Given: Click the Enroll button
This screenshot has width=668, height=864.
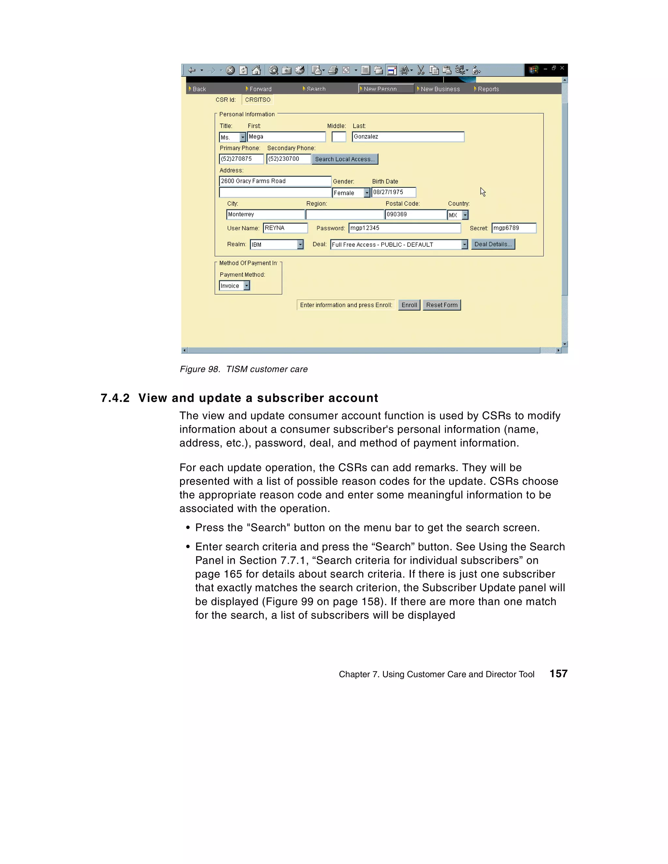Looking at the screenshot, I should (409, 305).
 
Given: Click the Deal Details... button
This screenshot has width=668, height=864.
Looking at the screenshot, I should (493, 244).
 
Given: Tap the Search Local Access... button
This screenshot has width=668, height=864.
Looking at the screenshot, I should (344, 159).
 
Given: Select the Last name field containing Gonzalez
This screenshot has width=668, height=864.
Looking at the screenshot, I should (408, 137).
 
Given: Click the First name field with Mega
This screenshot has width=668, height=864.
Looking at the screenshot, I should (286, 137).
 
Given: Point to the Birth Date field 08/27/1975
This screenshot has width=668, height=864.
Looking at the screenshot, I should (394, 192).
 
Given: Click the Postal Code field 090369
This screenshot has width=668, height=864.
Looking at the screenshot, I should (415, 214).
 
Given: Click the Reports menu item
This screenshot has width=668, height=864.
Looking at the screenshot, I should (488, 89).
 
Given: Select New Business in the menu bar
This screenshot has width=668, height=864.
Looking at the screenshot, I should (440, 89).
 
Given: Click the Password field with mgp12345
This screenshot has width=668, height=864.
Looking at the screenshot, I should (404, 228).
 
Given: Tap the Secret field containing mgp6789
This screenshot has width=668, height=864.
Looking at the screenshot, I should (514, 228).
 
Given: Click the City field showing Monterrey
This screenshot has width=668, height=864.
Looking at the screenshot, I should (265, 214).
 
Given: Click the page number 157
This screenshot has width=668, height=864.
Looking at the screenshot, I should (558, 674).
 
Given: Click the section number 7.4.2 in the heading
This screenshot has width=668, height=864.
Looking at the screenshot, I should (115, 398).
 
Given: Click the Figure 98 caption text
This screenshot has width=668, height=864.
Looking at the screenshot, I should (244, 369).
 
